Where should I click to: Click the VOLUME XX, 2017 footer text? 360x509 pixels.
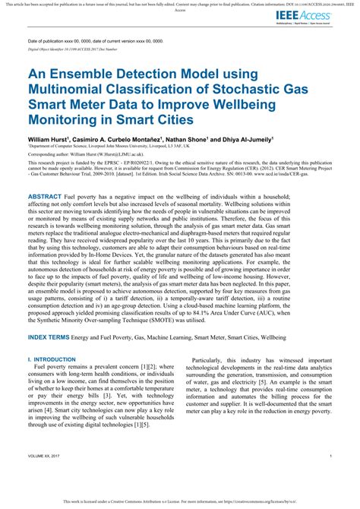(46, 456)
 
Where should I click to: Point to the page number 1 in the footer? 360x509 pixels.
(332, 456)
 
